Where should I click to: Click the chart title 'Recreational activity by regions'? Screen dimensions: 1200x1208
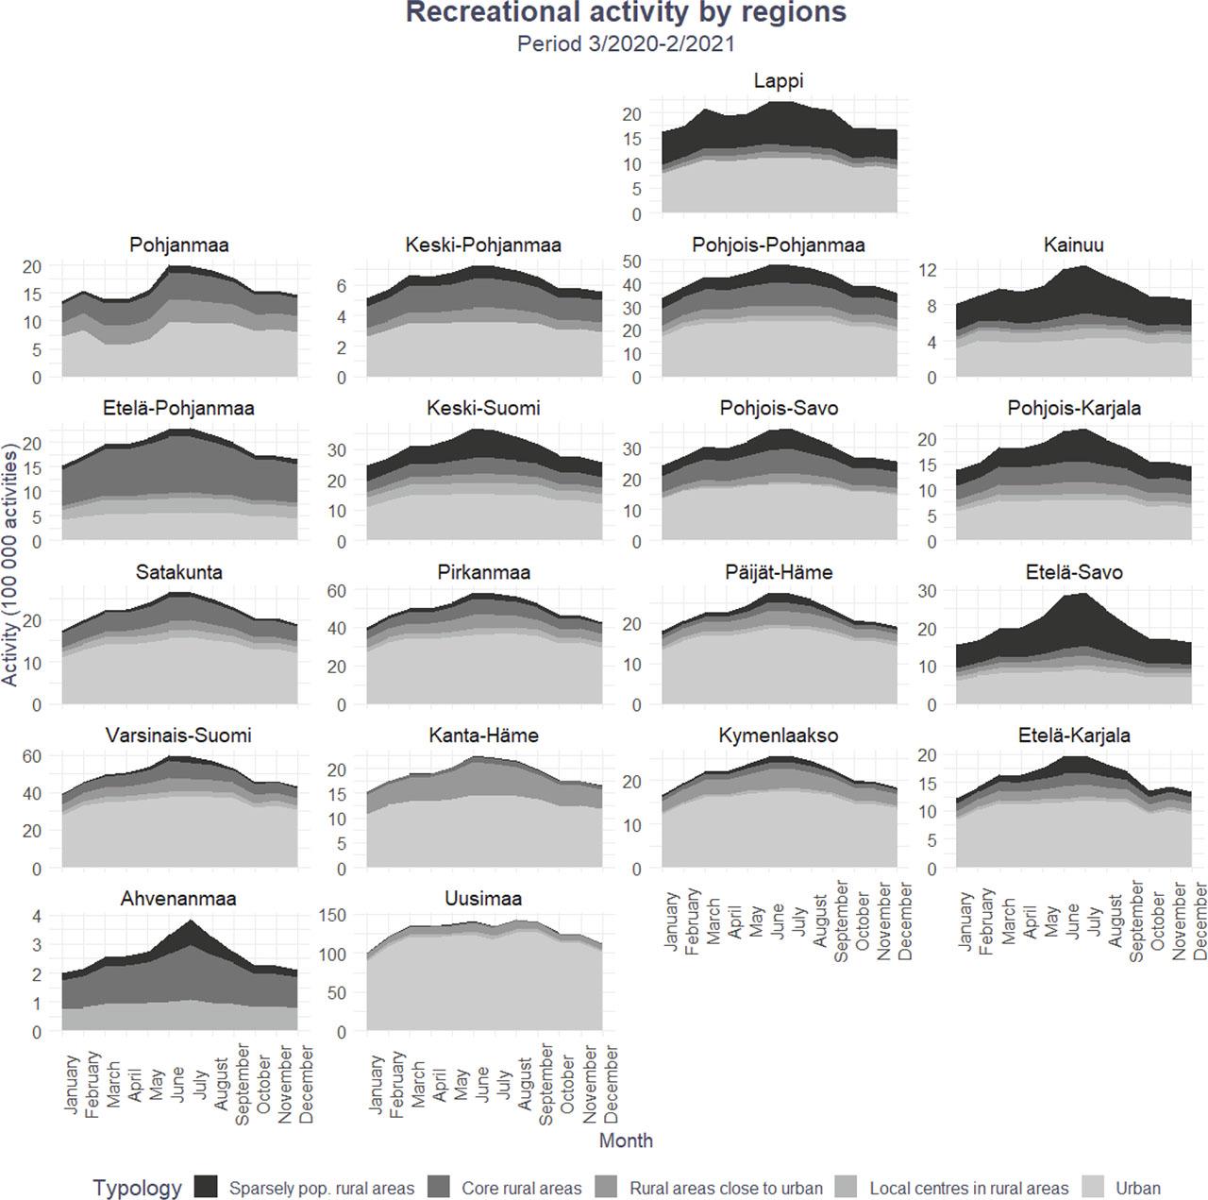click(626, 13)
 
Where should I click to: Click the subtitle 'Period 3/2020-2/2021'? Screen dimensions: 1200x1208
click(626, 43)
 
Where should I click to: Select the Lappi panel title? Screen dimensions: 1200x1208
click(779, 81)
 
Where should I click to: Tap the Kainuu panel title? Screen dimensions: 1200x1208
click(1073, 245)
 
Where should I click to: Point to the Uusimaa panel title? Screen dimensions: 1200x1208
click(483, 899)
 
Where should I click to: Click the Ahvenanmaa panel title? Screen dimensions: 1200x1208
click(178, 899)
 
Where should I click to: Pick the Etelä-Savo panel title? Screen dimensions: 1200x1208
click(1073, 572)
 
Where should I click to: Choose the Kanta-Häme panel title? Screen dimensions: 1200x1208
click(483, 735)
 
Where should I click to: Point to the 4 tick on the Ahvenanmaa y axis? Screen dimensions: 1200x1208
click(37, 916)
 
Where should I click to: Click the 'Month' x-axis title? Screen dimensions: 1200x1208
click(626, 1141)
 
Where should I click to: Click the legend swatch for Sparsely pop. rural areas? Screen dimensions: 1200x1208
click(206, 1188)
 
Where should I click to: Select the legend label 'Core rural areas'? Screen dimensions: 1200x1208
click(521, 1189)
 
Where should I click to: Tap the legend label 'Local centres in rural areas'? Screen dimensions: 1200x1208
click(968, 1189)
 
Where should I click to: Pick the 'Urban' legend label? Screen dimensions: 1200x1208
click(1137, 1189)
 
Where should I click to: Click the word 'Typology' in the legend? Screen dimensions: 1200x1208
click(137, 1188)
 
